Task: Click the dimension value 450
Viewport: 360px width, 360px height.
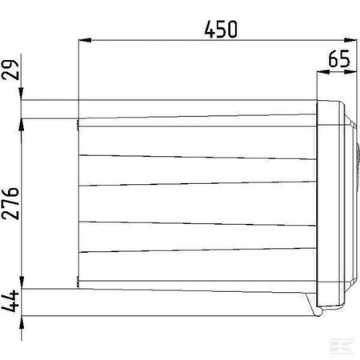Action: (x=221, y=29)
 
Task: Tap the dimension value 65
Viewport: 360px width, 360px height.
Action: (x=339, y=58)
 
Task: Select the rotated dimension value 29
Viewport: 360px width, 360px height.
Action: (x=10, y=70)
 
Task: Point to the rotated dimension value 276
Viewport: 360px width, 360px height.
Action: (x=10, y=203)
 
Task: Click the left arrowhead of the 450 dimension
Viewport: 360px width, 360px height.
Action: (x=85, y=40)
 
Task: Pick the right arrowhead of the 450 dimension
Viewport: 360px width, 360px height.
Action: (x=350, y=40)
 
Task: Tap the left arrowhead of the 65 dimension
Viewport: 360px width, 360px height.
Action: (x=323, y=71)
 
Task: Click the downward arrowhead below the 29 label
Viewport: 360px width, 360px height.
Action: (x=22, y=94)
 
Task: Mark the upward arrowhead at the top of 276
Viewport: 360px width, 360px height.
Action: (x=22, y=125)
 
